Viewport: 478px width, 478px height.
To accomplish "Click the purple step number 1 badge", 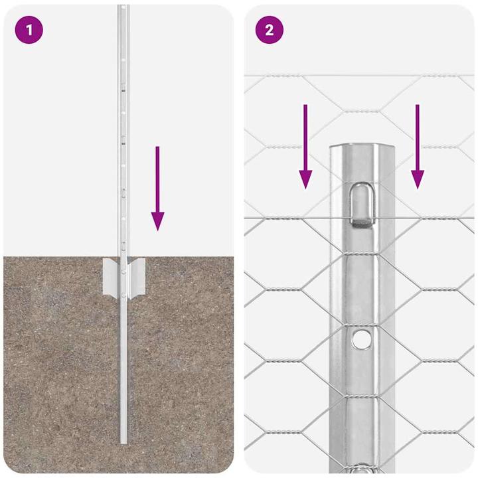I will (x=29, y=30).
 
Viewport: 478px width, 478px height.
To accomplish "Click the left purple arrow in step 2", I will (x=305, y=146).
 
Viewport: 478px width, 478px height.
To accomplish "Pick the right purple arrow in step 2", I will (x=418, y=146).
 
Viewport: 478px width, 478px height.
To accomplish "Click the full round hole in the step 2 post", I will (x=361, y=339).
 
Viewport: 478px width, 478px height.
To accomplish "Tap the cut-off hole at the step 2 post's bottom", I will (x=361, y=467).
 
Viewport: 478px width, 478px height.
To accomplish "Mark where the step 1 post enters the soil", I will (x=123, y=256).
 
